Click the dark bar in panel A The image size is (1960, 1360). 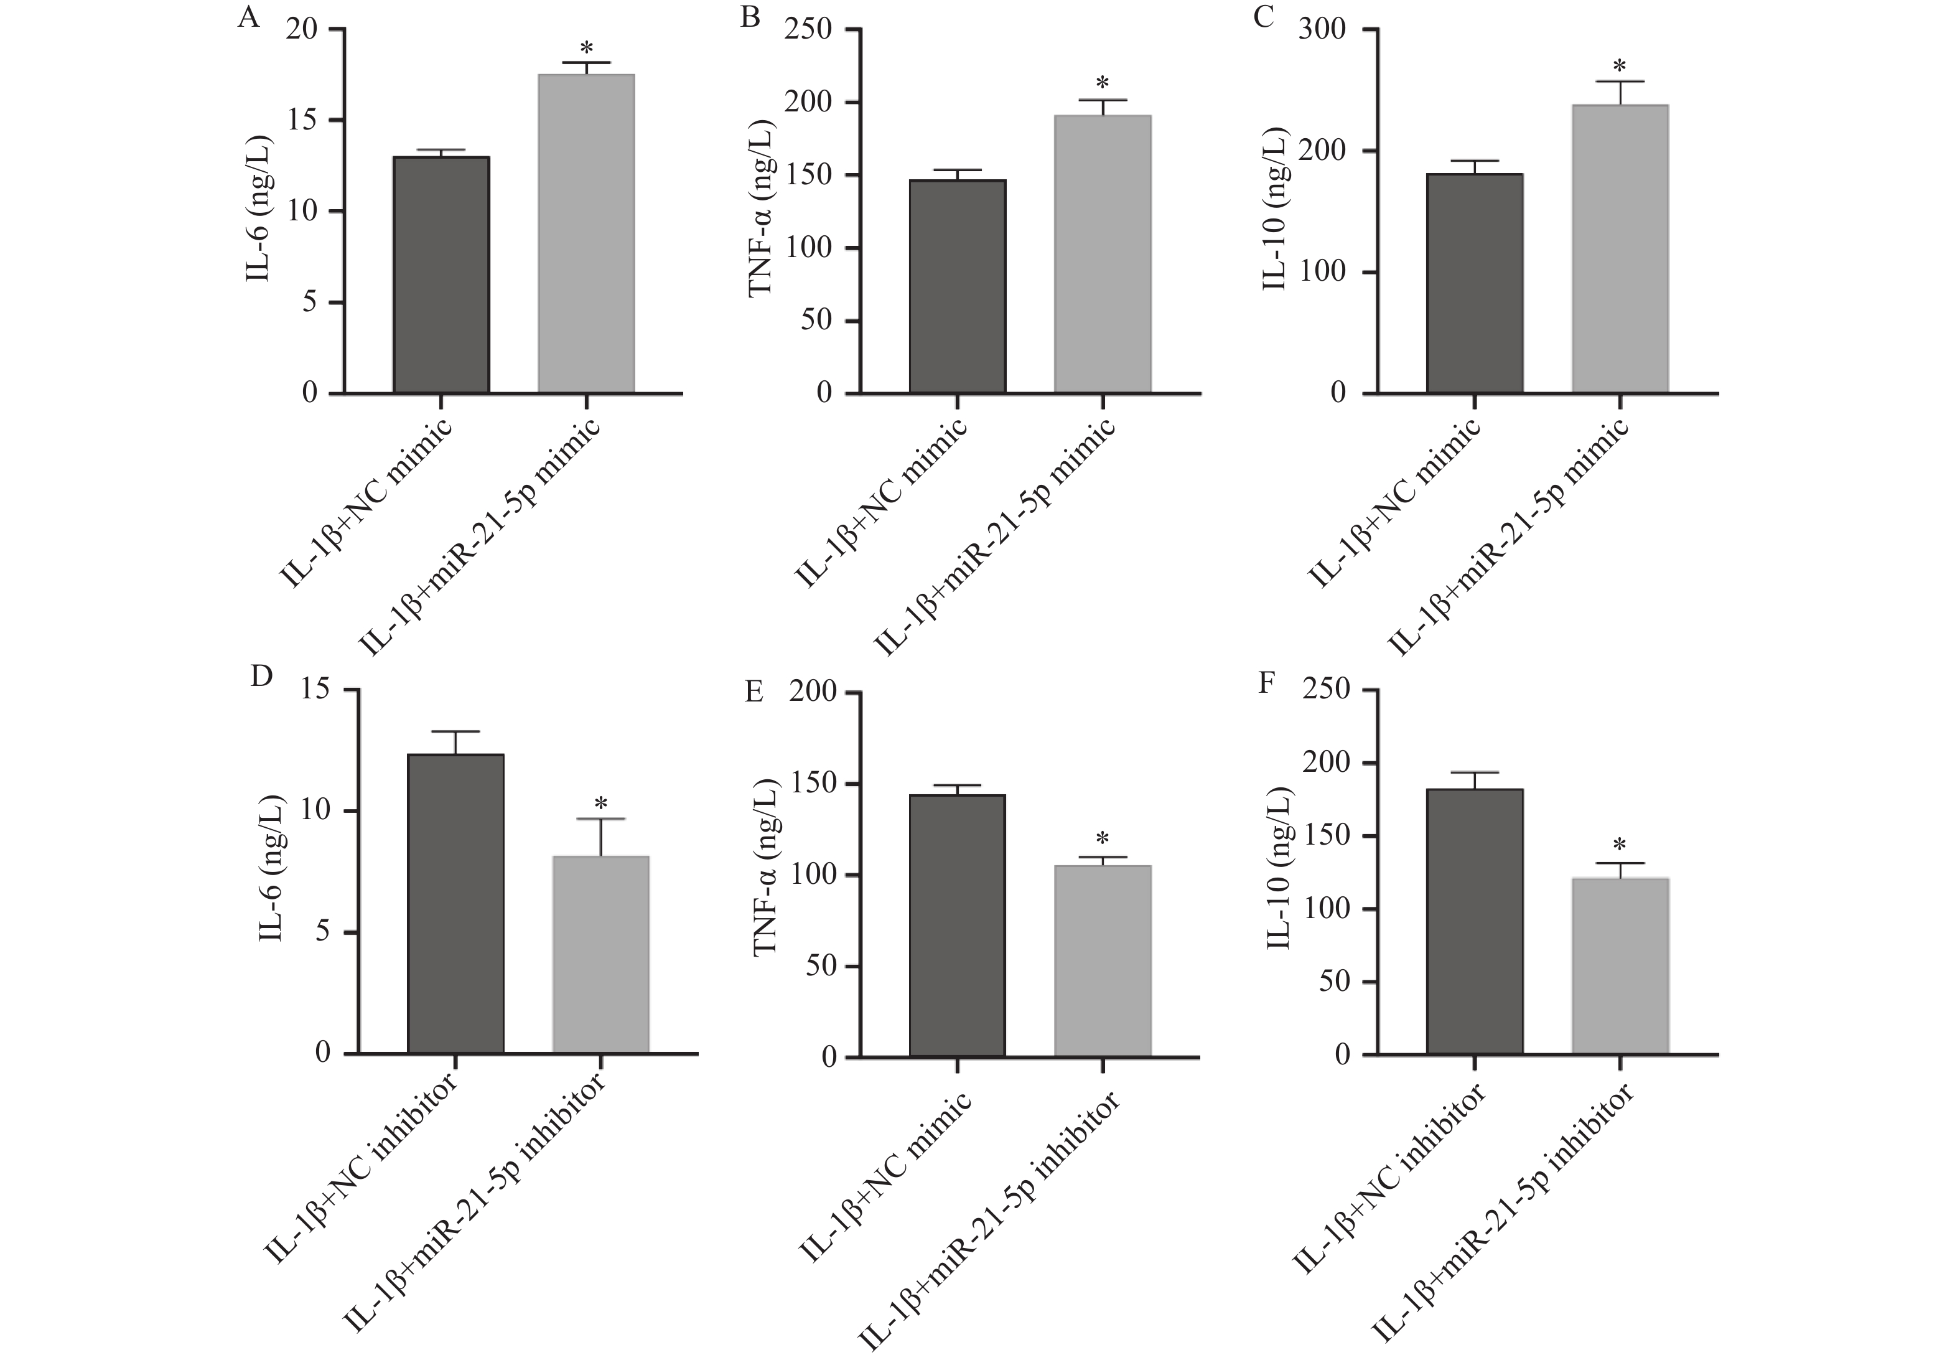(441, 274)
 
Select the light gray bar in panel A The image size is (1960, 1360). (586, 233)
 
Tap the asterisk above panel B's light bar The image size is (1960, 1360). (1102, 83)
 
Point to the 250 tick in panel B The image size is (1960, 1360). (813, 30)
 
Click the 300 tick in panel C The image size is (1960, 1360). (1322, 30)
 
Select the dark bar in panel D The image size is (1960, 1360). (455, 903)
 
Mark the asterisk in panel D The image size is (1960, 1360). (600, 804)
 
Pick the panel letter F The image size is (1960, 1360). (1267, 683)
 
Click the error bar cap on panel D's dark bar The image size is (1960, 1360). (455, 732)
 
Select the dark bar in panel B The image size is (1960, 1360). (958, 286)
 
